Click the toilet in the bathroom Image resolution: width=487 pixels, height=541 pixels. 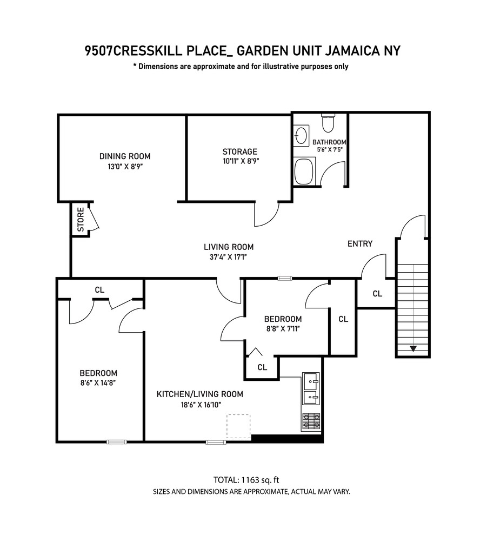pos(328,124)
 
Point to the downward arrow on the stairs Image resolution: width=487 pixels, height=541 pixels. pos(413,348)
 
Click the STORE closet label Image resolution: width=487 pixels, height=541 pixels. pos(81,220)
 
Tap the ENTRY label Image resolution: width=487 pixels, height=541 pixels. pos(359,243)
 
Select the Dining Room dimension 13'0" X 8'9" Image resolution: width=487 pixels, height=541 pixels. pos(125,167)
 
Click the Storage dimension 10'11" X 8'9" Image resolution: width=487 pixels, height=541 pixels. pos(240,161)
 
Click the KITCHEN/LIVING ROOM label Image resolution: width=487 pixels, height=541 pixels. pos(199,394)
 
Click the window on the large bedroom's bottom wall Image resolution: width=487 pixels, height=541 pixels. pos(117,442)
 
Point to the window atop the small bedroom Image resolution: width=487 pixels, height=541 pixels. pos(285,278)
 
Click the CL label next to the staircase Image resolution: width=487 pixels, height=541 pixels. pos(377,294)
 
